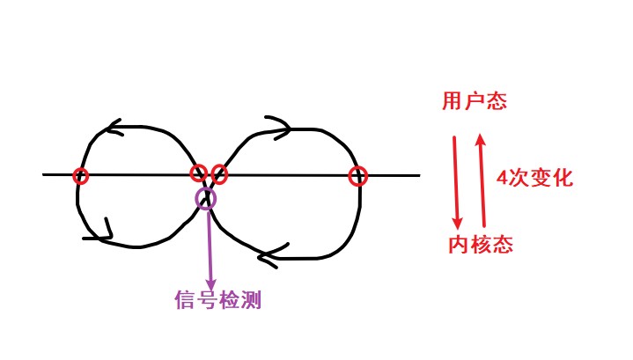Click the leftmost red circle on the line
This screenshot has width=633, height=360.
pos(81,175)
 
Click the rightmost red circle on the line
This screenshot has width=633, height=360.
pos(357,176)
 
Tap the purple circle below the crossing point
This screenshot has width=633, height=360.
pos(205,198)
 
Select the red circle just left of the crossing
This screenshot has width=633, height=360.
pos(199,173)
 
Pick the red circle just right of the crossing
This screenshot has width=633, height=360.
pos(219,174)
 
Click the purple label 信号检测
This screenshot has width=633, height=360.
pos(217,301)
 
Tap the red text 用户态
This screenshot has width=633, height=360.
pos(474,101)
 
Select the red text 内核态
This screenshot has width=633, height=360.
pos(479,244)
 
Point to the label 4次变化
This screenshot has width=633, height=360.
pos(534,178)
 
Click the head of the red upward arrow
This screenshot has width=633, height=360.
pos(480,138)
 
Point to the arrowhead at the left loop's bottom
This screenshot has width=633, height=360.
pos(107,233)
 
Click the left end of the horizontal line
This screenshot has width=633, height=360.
pos(44,174)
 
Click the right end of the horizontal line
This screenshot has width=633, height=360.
pos(418,175)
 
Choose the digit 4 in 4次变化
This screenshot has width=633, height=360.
pos(503,178)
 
